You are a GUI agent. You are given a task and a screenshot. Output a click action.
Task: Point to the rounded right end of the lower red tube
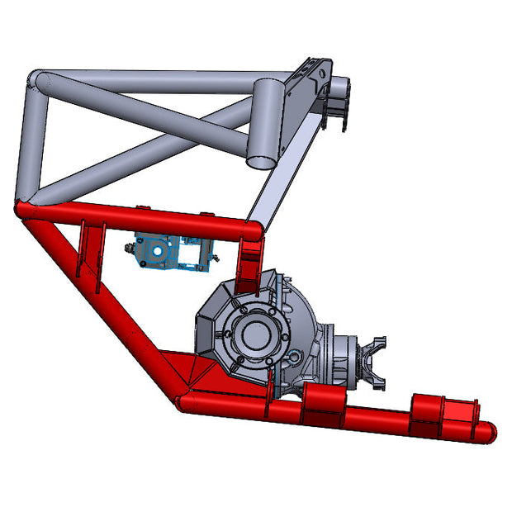pyautogui.click(x=488, y=430)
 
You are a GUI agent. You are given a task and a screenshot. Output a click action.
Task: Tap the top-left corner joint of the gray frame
pyautogui.click(x=38, y=80)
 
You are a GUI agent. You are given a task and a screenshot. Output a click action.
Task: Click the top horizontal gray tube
pyautogui.click(x=149, y=81)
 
